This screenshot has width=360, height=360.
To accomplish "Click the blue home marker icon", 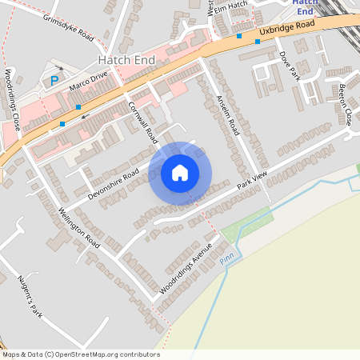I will [180, 173].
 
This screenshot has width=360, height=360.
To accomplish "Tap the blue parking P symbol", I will [54, 81].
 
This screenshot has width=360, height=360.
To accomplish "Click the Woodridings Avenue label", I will [188, 266].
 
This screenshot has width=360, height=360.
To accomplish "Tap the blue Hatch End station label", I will [305, 7].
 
